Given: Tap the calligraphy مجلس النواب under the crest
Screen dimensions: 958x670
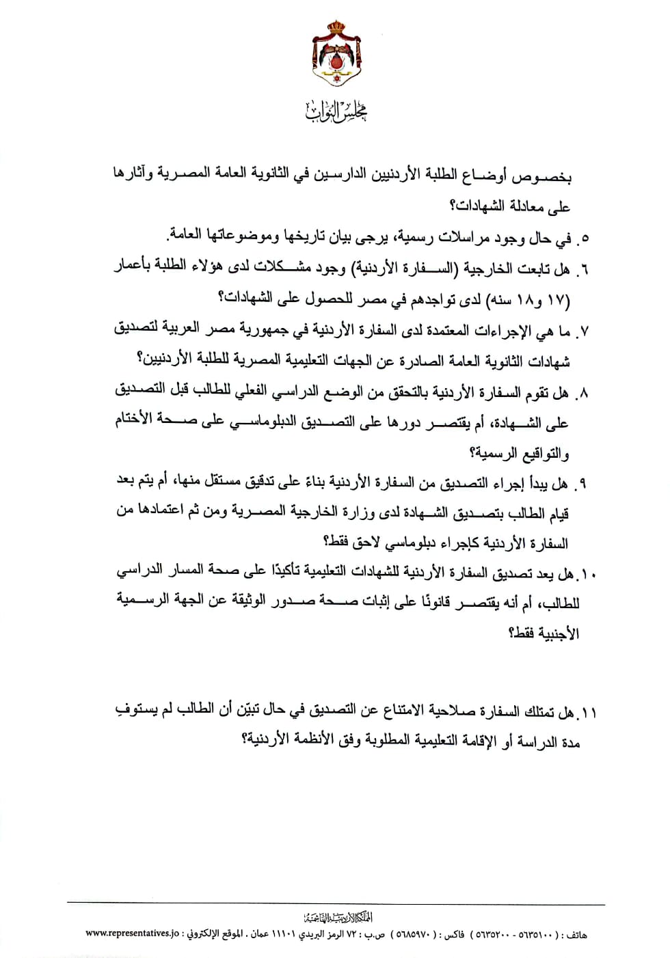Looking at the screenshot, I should pyautogui.click(x=336, y=111).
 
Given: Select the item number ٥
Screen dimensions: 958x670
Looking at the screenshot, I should pyautogui.click(x=583, y=238).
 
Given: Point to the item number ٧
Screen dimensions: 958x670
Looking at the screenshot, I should pyautogui.click(x=583, y=331).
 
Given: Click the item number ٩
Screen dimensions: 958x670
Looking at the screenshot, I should pyautogui.click(x=582, y=484).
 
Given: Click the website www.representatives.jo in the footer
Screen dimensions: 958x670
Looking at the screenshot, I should pyautogui.click(x=132, y=933).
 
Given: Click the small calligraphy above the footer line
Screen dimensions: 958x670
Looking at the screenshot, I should pyautogui.click(x=336, y=918).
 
